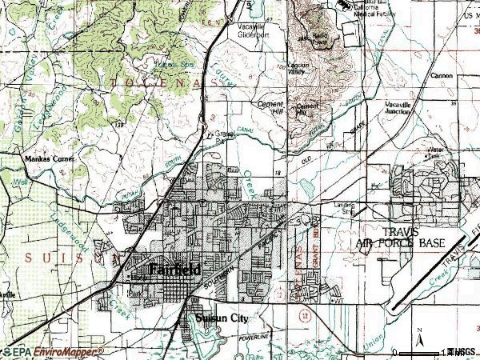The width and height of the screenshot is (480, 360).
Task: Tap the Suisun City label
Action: pyautogui.click(x=222, y=318)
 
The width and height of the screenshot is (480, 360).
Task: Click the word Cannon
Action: pyautogui.click(x=441, y=76)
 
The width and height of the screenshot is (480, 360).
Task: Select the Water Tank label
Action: pyautogui.click(x=436, y=151)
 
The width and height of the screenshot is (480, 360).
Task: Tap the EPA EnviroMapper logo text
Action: pyautogui.click(x=53, y=351)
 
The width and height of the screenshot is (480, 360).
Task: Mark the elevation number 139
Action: pyautogui.click(x=118, y=126)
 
